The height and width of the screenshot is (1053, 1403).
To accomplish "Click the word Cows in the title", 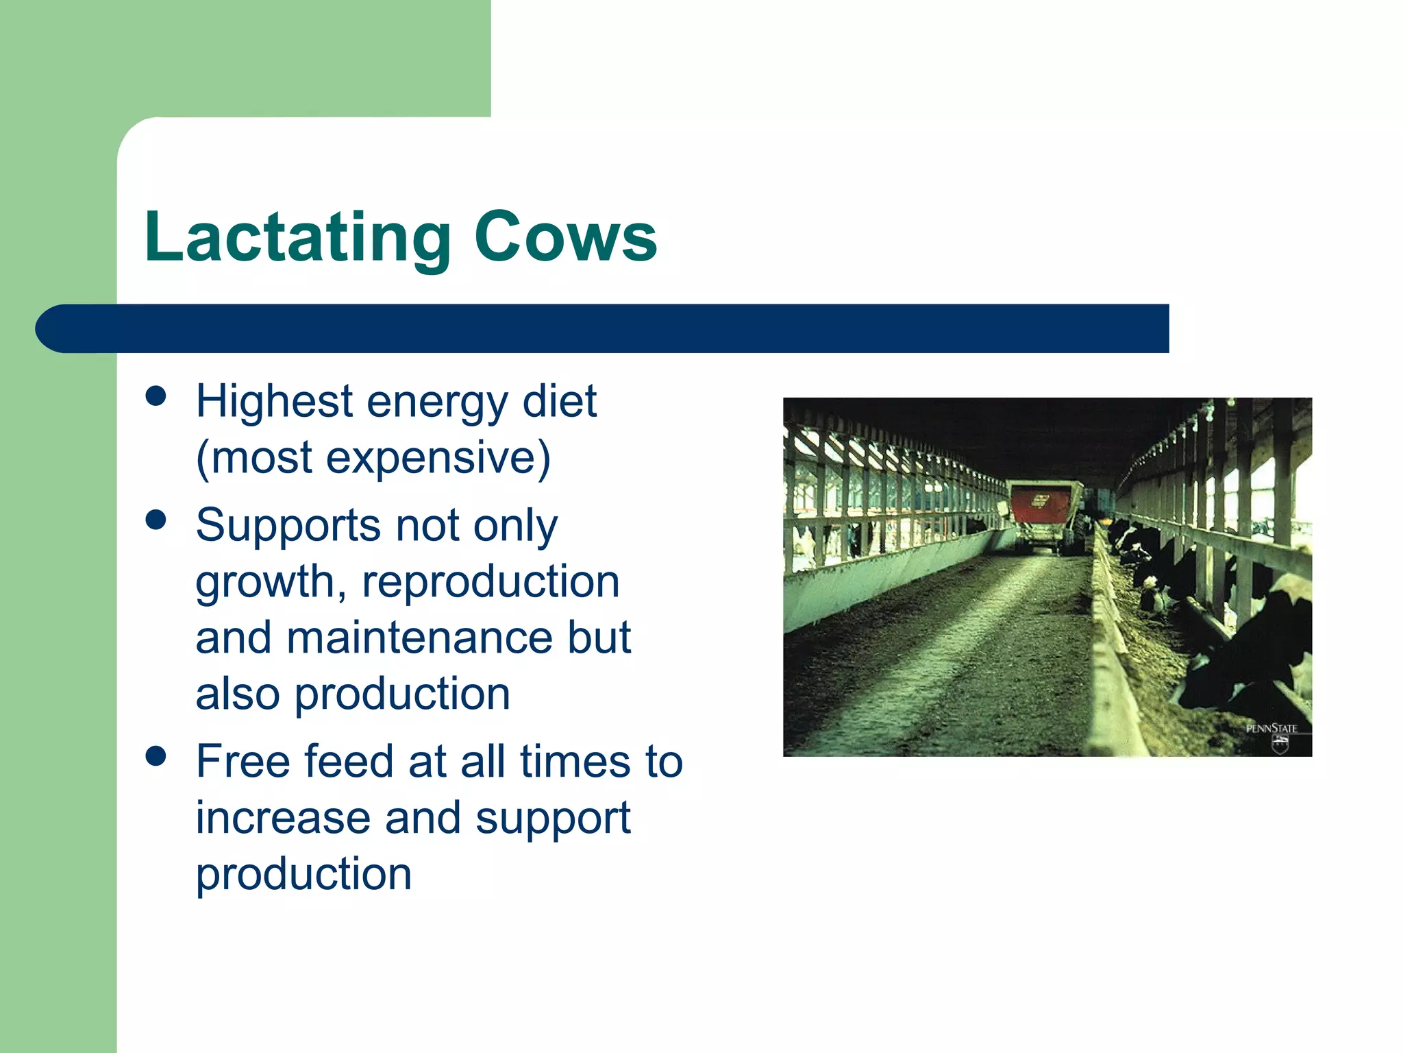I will pyautogui.click(x=565, y=238).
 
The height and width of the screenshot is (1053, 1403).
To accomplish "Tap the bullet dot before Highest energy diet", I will pyautogui.click(x=156, y=397).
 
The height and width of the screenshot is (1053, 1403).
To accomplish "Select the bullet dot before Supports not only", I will pyautogui.click(x=156, y=520).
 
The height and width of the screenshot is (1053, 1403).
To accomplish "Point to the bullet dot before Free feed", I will pyautogui.click(x=156, y=756).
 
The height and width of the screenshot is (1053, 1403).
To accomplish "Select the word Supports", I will pyautogui.click(x=288, y=526).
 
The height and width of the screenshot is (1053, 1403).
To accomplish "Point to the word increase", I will pyautogui.click(x=282, y=819).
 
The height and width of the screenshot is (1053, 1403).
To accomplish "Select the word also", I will pyautogui.click(x=237, y=694).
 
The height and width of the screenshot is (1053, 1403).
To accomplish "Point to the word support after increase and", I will pyautogui.click(x=553, y=820).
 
